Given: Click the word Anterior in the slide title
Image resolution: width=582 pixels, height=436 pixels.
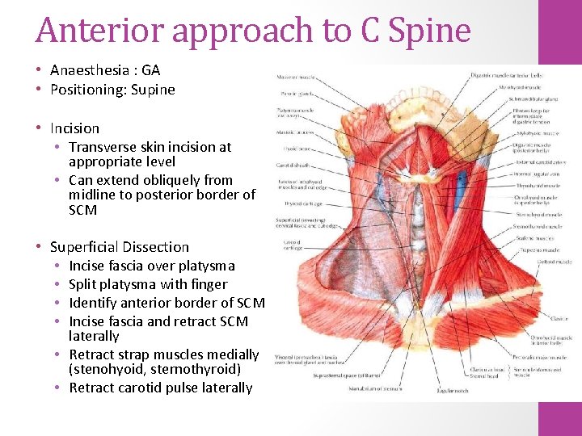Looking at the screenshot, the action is (x=88, y=30).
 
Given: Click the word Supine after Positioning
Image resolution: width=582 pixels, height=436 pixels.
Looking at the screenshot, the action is (x=146, y=89).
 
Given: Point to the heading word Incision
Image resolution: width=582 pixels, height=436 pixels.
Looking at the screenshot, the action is (x=74, y=128).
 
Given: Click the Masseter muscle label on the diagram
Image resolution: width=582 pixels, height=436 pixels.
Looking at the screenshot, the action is (x=296, y=78).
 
